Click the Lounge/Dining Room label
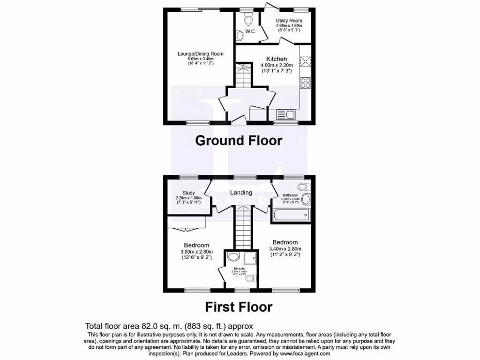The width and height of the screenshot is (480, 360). click(200, 54)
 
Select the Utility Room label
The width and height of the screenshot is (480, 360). click(289, 21)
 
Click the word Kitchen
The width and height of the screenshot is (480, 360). click(277, 59)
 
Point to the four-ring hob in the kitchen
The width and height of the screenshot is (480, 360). click(305, 82)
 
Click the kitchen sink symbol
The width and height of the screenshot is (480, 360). click(285, 114)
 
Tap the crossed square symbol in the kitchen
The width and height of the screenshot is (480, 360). click(305, 61)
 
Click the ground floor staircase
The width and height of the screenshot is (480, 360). click(243, 76)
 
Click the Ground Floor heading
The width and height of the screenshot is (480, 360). click(239, 140)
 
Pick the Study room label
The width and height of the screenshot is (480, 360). click(188, 192)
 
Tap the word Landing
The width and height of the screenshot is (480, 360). click(241, 192)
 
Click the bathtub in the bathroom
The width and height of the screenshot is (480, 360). click(291, 216)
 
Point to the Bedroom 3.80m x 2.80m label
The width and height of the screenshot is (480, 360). click(196, 245)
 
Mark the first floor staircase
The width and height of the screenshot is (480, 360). click(243, 230)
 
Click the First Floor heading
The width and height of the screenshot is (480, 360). click(239, 307)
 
